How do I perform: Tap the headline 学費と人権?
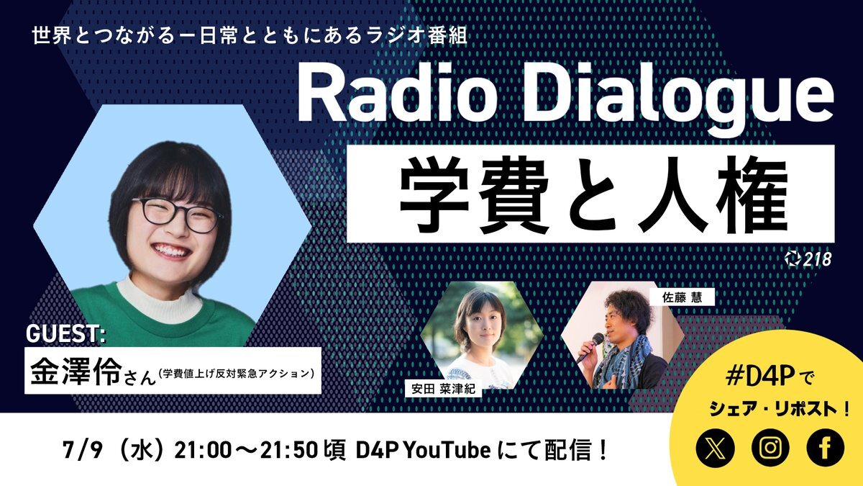(591, 194)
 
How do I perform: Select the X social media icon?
(716, 448)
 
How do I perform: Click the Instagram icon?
(770, 448)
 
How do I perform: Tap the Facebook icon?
(826, 448)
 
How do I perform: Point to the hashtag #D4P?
(759, 377)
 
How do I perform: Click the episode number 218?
(817, 259)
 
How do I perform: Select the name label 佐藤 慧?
(682, 297)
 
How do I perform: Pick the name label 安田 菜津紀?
(443, 388)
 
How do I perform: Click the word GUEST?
(66, 333)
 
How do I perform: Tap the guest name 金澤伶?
(76, 371)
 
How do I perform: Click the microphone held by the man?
(590, 347)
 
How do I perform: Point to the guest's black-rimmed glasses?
(177, 215)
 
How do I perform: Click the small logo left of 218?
(792, 259)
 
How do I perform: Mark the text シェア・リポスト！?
(780, 409)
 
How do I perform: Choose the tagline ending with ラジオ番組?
(250, 37)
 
